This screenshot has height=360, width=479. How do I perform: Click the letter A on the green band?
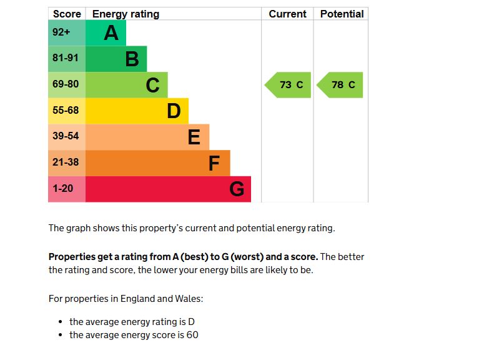pos(111,32)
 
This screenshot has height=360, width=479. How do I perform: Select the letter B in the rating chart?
pos(132,59)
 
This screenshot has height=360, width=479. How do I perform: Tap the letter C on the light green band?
pos(152,85)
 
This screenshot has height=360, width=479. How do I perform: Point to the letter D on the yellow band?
pos(174,111)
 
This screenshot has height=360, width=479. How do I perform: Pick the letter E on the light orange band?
pos(194,137)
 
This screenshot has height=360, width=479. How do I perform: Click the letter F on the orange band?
pos(214,163)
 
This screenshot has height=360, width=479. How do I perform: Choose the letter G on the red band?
pos(237,189)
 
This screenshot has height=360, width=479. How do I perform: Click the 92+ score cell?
pos(61,32)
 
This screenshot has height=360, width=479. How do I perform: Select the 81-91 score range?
pos(66,58)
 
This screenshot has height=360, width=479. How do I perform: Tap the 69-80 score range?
pos(66,84)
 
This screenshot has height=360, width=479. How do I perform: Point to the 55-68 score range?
pos(66,111)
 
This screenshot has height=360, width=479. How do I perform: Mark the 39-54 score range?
pos(66,136)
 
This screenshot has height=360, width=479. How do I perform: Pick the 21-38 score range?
pos(66,162)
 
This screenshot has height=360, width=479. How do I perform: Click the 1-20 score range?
pos(63,188)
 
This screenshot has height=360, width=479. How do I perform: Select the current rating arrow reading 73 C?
pos(289,85)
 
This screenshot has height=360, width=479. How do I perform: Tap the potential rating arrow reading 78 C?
pos(340,85)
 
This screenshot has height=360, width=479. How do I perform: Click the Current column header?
pos(287,14)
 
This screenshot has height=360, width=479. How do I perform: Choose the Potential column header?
pos(342,14)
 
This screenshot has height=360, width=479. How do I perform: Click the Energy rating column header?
pos(126,14)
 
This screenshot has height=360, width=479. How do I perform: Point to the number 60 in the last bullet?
pos(192,335)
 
